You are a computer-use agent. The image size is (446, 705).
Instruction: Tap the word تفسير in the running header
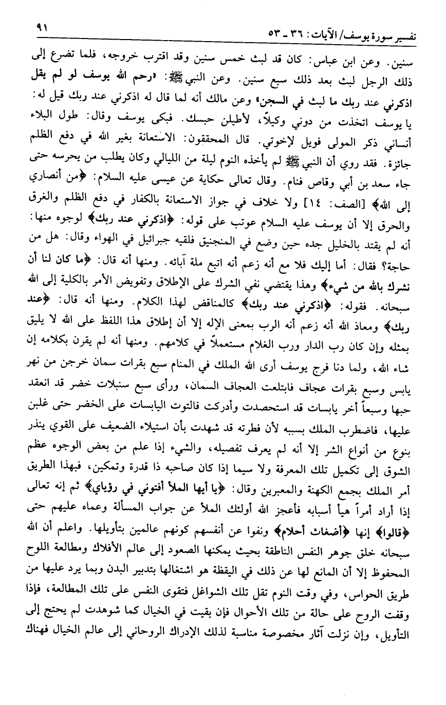tap(409, 35)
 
